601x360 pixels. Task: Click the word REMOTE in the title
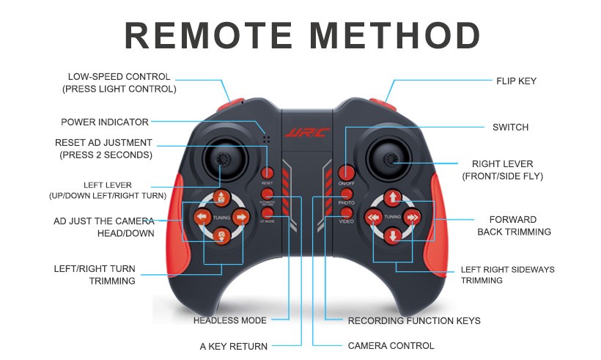206,35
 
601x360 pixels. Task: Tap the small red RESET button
268,174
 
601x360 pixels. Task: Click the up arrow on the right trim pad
393,197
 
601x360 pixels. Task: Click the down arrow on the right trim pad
393,236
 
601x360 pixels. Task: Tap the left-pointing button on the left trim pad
201,217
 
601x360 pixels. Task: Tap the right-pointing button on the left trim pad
240,217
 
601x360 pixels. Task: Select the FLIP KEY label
517,81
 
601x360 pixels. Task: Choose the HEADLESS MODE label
230,320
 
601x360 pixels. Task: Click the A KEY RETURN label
234,345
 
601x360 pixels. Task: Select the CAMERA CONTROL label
391,345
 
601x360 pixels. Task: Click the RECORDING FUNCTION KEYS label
414,320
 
